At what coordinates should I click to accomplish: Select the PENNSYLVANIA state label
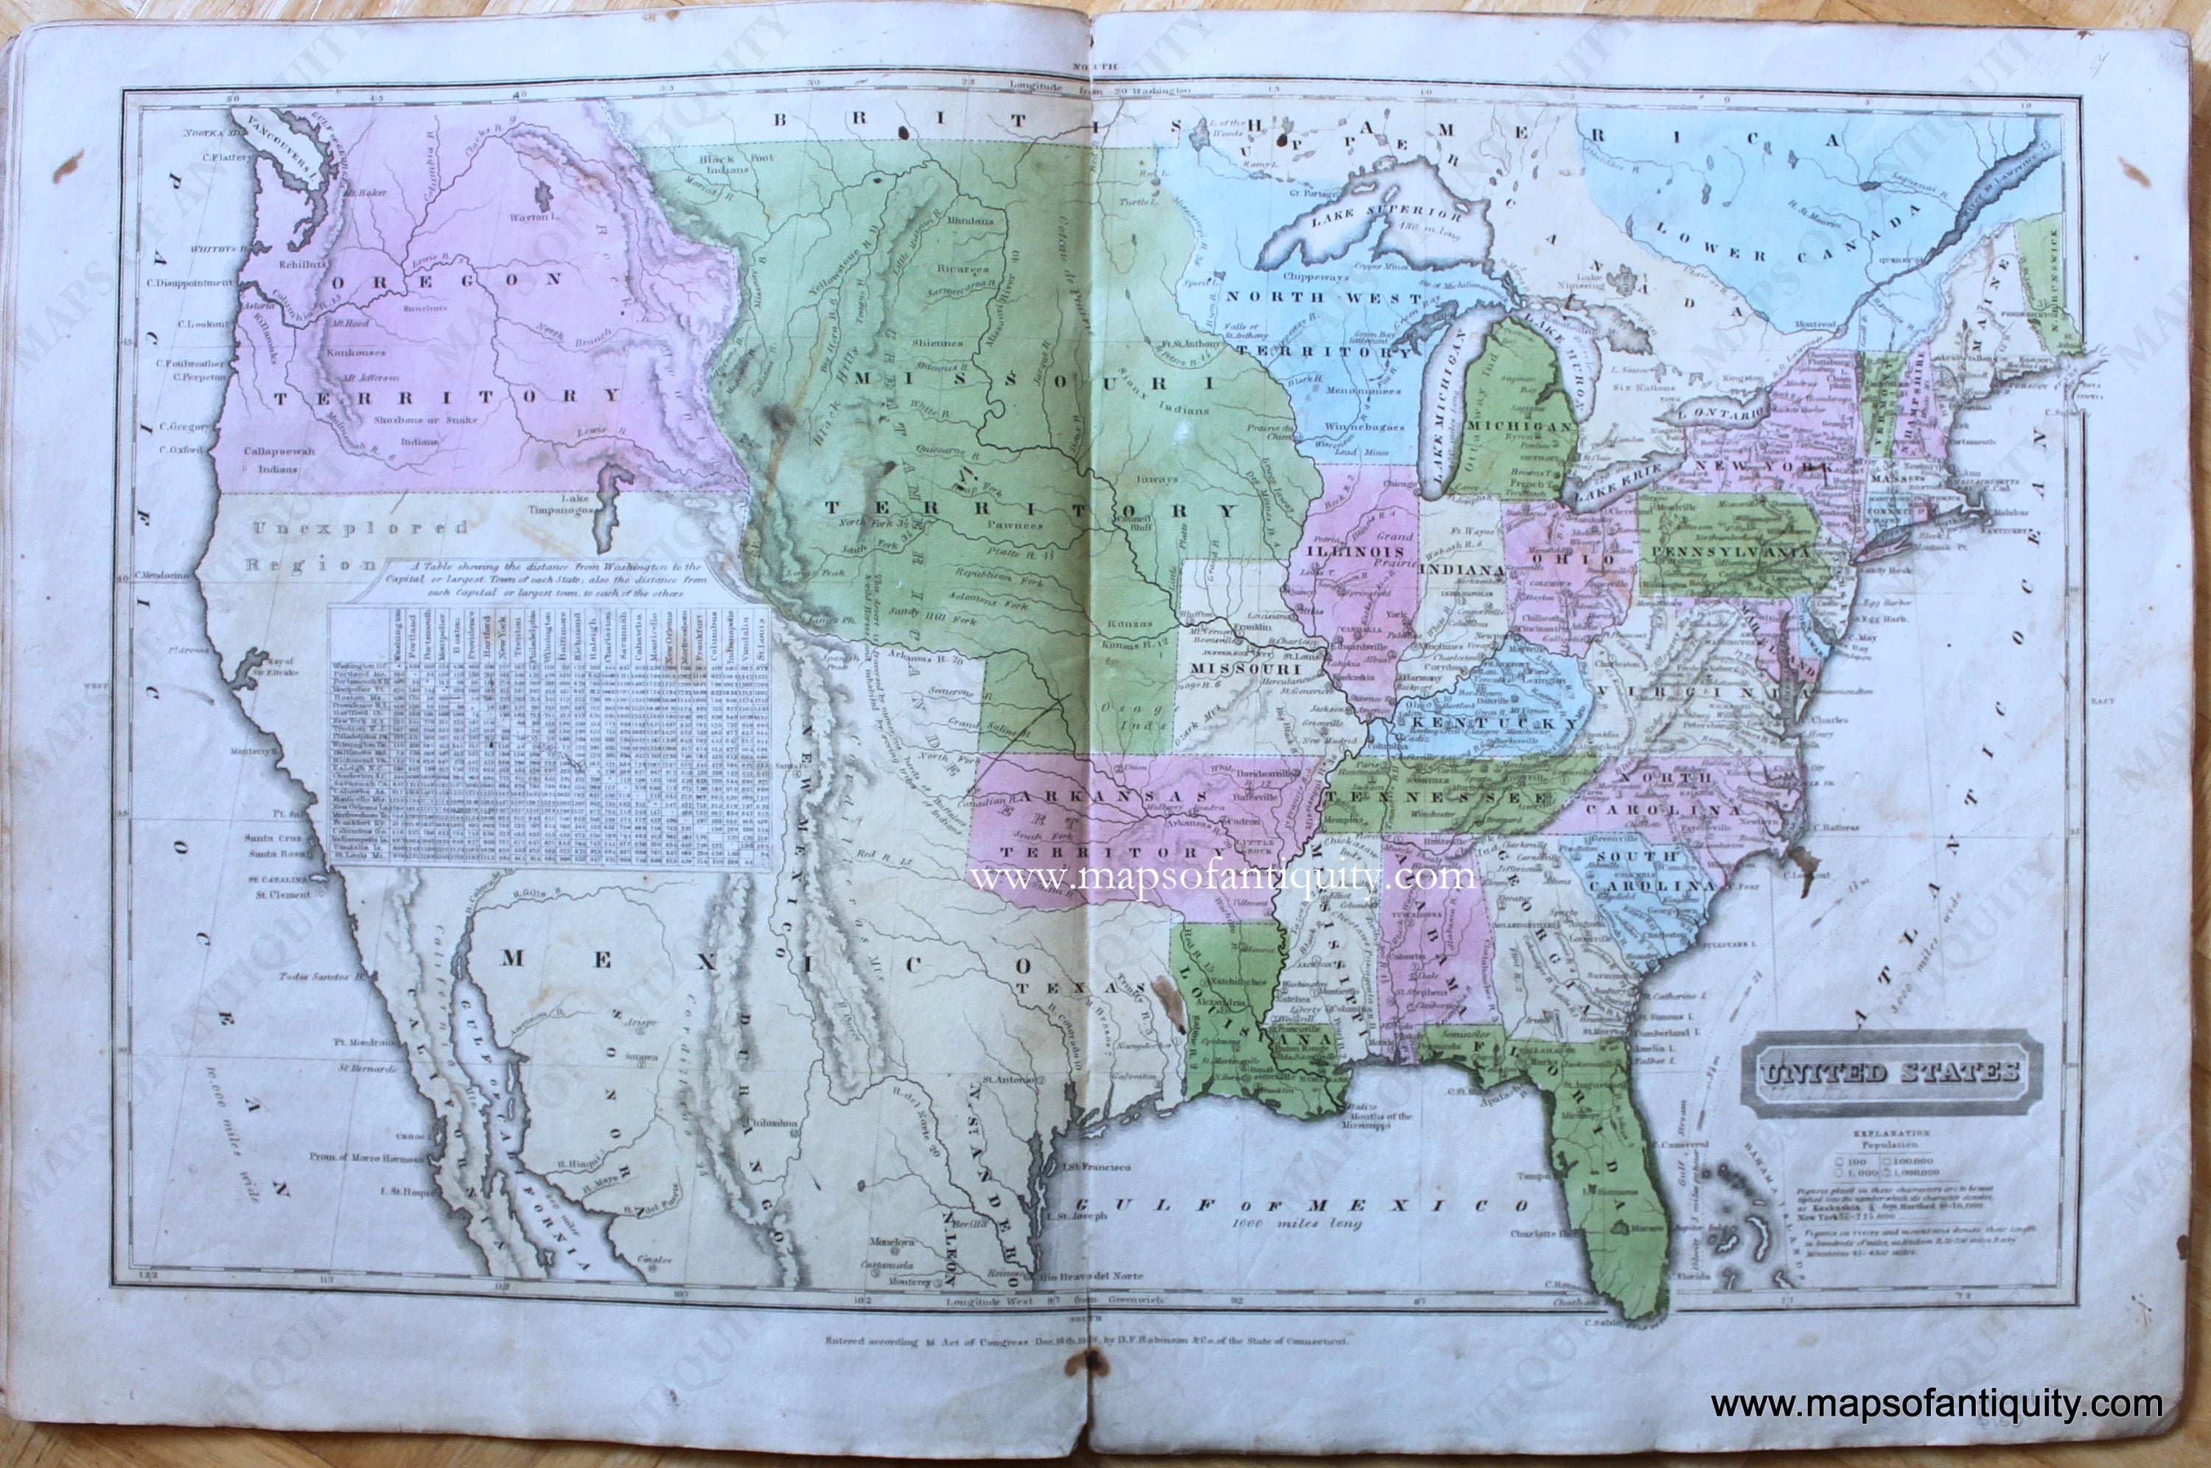point(1730,552)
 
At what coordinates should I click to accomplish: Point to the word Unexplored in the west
point(361,527)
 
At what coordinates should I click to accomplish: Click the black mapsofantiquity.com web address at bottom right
point(1935,1405)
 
